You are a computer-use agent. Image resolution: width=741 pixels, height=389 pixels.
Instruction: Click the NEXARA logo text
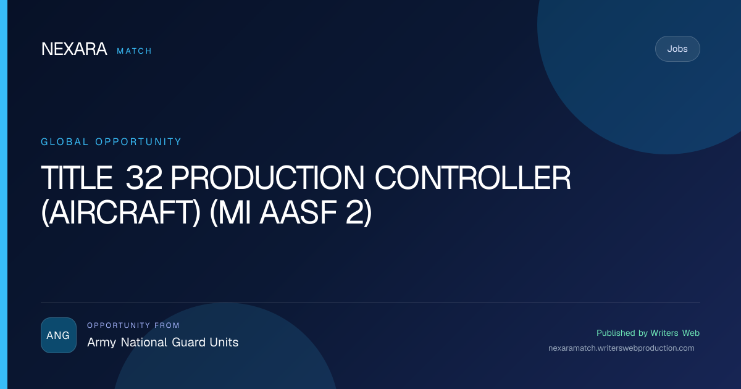click(x=74, y=49)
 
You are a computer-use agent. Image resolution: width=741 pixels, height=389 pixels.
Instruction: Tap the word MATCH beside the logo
click(x=135, y=51)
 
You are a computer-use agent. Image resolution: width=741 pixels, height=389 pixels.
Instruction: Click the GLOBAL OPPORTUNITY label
click(x=111, y=142)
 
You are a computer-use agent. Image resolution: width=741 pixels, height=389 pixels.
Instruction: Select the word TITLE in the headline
click(x=77, y=178)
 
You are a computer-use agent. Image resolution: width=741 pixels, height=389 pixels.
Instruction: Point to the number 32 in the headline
click(x=144, y=178)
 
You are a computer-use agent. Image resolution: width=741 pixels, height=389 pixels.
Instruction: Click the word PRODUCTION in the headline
click(x=267, y=178)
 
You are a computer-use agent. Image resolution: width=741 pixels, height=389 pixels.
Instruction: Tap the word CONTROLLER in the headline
click(x=473, y=178)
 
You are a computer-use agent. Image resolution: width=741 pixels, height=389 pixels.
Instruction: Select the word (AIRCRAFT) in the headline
click(x=121, y=212)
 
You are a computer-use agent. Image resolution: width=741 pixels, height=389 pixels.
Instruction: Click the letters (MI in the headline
click(x=230, y=212)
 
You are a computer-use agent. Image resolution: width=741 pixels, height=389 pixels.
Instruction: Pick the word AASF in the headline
click(x=298, y=212)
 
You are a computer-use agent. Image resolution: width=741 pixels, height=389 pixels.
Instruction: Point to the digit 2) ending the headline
click(x=359, y=212)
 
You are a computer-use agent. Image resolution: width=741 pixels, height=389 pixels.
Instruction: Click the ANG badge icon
click(x=59, y=335)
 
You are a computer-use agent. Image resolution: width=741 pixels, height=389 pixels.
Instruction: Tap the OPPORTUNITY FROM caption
click(x=133, y=325)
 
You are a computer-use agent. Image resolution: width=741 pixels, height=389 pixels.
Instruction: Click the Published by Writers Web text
click(x=648, y=333)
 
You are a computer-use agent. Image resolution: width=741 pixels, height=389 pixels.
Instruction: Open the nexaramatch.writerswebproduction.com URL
click(x=621, y=348)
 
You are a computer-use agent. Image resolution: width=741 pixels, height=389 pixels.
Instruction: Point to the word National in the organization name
click(x=144, y=342)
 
